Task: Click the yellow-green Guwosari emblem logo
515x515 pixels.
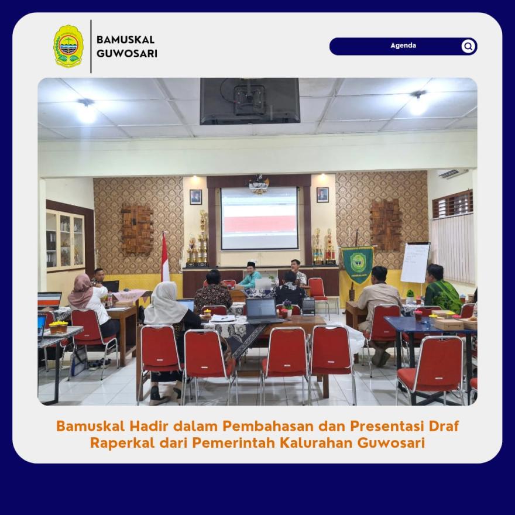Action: tap(68, 46)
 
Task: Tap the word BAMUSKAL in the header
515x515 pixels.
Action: tap(125, 40)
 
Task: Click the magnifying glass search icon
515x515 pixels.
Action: tap(468, 46)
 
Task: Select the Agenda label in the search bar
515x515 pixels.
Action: tap(403, 46)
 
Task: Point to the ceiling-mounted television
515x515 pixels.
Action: tap(250, 101)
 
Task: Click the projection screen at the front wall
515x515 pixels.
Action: tap(259, 218)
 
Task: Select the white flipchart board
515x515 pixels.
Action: tap(415, 263)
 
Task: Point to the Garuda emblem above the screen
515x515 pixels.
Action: tap(259, 184)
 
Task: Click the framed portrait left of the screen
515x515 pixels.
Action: tap(195, 197)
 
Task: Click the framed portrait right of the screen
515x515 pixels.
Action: tap(322, 195)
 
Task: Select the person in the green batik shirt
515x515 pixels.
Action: tap(441, 289)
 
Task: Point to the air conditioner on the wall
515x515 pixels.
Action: tap(454, 174)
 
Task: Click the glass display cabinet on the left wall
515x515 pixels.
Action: tap(66, 241)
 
